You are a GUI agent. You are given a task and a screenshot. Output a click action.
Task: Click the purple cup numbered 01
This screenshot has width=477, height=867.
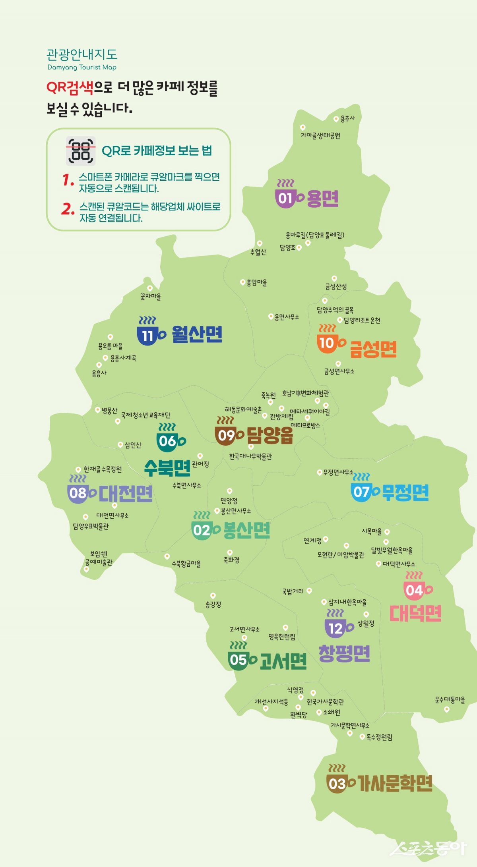pos(285,197)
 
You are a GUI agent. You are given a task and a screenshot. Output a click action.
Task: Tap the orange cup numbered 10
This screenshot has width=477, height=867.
pos(327,342)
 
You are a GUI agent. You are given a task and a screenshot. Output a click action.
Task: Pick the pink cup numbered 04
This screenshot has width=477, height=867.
pos(414,590)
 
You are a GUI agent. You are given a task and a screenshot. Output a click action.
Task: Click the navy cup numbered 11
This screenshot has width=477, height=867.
pos(147,336)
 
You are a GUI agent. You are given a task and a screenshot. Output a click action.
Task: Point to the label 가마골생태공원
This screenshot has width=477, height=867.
pos(320,136)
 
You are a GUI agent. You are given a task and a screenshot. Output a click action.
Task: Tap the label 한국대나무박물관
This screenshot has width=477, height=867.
pos(250,457)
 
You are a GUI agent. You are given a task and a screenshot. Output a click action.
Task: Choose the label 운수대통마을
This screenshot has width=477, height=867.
pos(450,700)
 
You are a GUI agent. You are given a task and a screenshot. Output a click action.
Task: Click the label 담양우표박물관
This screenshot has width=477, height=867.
pos(91,527)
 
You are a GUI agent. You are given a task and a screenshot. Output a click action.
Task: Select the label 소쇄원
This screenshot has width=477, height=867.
pos(331,712)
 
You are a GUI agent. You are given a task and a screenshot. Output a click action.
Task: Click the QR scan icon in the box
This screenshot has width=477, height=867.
pos(81,151)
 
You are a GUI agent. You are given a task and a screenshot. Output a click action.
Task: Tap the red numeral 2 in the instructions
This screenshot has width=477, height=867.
pos(68,209)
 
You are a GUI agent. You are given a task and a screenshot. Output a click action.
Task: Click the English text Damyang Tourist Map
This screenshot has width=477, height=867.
pos(82,67)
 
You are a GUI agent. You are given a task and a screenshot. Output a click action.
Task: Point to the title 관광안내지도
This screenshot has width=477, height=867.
pos(82,54)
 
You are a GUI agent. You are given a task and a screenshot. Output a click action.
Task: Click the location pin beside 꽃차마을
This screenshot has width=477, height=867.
pos(150,288)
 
